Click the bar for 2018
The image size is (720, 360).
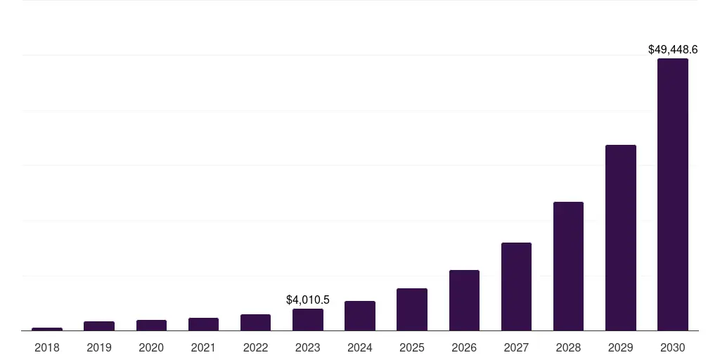(47, 328)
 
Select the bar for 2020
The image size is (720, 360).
(151, 325)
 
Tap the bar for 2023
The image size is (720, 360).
(308, 320)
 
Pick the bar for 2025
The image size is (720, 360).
(412, 309)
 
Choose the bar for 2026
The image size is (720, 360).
(464, 300)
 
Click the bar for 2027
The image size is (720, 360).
(516, 286)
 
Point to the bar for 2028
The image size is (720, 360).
(568, 266)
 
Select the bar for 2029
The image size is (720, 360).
(620, 238)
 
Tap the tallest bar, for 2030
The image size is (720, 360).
(673, 194)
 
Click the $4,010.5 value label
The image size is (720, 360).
(308, 300)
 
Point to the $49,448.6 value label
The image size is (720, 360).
(673, 50)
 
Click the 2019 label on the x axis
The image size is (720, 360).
(99, 347)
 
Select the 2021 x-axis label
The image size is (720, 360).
(203, 347)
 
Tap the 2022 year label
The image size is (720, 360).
(255, 347)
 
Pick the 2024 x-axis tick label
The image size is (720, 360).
(360, 347)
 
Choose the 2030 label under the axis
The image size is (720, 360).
(673, 347)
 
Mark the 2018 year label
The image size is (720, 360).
(47, 347)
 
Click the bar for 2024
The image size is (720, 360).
(360, 316)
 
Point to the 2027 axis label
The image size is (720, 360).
(516, 347)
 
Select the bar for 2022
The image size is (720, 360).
(255, 322)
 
